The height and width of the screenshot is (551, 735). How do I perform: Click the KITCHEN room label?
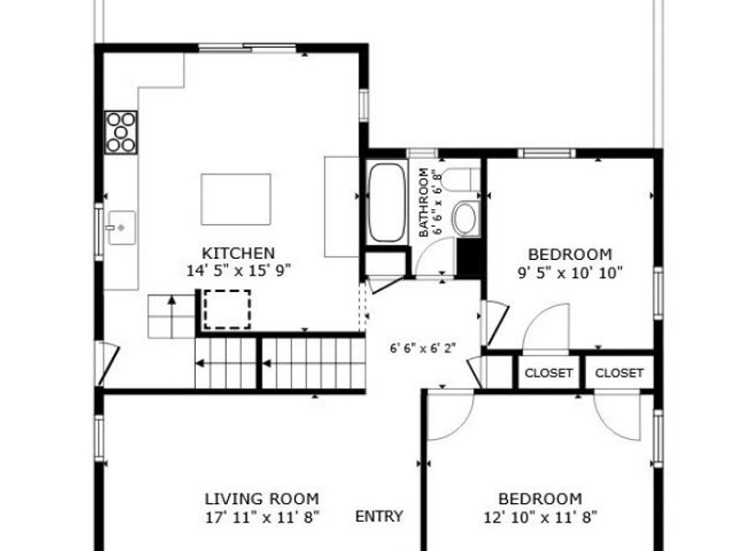tap(238, 253)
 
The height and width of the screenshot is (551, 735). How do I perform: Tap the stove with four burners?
tap(121, 132)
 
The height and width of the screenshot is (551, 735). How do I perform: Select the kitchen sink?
tap(122, 228)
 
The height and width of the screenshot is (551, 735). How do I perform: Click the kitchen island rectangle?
tap(236, 199)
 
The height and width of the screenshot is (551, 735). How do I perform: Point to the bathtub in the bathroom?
tap(387, 202)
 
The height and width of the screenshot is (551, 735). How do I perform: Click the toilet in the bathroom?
tap(462, 180)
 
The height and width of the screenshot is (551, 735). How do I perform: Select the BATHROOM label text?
tap(424, 202)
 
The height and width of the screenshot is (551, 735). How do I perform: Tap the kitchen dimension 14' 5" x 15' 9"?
tap(239, 271)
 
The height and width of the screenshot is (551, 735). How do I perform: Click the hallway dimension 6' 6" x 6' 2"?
tap(423, 349)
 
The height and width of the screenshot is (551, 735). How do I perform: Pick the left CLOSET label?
tap(548, 373)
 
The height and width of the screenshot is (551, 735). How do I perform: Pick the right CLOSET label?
tap(618, 373)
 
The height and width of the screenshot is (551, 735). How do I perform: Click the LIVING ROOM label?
tap(262, 499)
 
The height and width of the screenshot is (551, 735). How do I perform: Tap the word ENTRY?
tap(379, 516)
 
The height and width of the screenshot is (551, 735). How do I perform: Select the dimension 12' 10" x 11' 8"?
tap(540, 518)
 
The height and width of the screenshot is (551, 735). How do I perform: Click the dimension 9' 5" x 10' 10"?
tap(570, 273)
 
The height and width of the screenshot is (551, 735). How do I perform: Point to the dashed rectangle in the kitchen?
tap(227, 309)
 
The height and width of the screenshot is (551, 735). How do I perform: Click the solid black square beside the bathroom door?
tap(469, 257)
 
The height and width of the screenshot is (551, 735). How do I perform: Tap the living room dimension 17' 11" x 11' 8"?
tap(263, 518)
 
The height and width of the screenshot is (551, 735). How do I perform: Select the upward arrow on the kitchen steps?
tap(172, 317)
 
